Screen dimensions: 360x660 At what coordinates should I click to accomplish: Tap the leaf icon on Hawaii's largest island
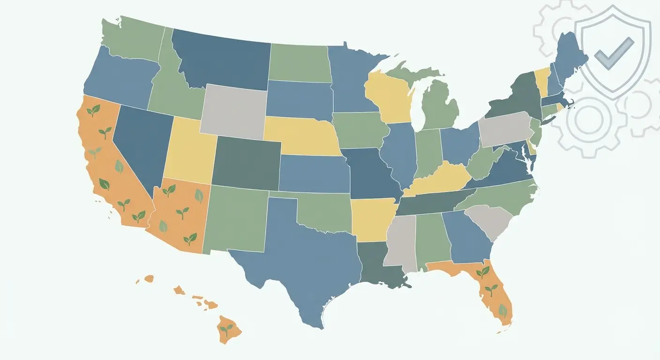[x=227, y=329]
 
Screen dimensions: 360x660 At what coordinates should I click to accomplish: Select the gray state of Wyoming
[x=233, y=112]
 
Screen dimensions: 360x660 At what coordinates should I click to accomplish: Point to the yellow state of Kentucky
[x=441, y=180]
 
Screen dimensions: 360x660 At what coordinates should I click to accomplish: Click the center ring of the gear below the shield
[x=588, y=120]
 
